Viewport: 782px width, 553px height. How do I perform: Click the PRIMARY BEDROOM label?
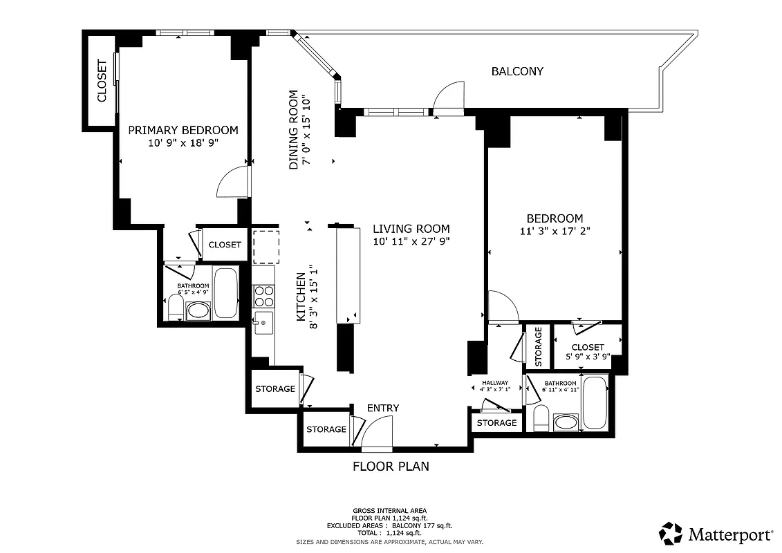point(183,130)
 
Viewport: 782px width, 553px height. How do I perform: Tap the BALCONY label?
point(517,71)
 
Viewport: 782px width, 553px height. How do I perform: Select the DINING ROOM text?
point(294,129)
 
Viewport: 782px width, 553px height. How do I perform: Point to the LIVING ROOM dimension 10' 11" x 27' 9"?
point(411,241)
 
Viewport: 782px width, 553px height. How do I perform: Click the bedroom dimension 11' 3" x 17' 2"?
point(555,231)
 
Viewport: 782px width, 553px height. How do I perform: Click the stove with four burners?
point(263,297)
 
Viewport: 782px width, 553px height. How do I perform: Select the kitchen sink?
point(263,323)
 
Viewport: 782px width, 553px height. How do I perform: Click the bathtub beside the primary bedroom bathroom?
point(225,293)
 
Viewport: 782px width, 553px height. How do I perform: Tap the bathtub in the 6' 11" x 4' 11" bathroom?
point(595,403)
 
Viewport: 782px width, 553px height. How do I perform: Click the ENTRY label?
point(382,408)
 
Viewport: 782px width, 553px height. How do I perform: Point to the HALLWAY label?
point(495,383)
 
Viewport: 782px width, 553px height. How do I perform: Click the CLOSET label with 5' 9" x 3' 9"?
point(588,347)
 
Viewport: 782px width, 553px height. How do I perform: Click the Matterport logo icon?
point(670,534)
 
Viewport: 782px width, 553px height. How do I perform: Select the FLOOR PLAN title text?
point(391,466)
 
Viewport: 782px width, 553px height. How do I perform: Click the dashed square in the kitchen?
point(266,247)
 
